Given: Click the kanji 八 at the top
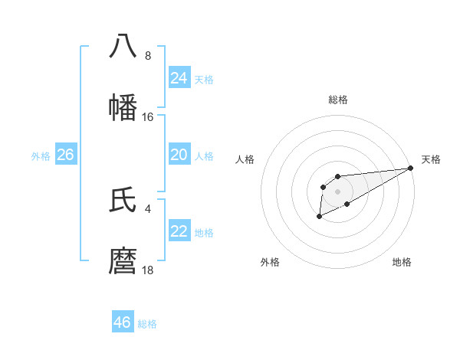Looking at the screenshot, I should (x=123, y=45).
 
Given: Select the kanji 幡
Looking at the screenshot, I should (x=123, y=108).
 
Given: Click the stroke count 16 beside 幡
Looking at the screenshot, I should (x=148, y=117).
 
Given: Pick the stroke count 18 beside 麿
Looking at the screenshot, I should (x=148, y=270).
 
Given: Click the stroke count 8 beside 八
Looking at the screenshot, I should (x=148, y=55).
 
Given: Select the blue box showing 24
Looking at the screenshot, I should (x=179, y=77).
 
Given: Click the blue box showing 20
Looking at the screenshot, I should (x=179, y=155).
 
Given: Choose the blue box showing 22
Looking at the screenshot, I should (x=179, y=231).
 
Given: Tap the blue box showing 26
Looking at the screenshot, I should (x=66, y=155).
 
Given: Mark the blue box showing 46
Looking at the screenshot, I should (x=123, y=322).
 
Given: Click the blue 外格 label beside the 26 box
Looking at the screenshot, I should (x=41, y=156).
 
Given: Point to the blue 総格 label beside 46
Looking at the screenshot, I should (x=147, y=324).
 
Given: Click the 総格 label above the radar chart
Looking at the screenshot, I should (x=337, y=100).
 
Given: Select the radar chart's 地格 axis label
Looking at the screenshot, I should (x=402, y=263).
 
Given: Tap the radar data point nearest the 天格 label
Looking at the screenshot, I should (x=411, y=168).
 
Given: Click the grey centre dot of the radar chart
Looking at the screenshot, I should (x=337, y=191).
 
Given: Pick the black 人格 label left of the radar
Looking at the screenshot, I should (x=245, y=159).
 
